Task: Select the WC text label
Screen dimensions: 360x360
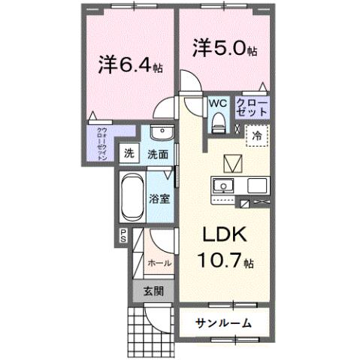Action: coord(218,102)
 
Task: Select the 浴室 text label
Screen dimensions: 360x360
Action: coord(158,199)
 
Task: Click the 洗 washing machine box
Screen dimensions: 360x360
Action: coord(129,154)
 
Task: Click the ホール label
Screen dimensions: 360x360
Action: coord(159,263)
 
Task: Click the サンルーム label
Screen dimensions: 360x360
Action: coord(223,323)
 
